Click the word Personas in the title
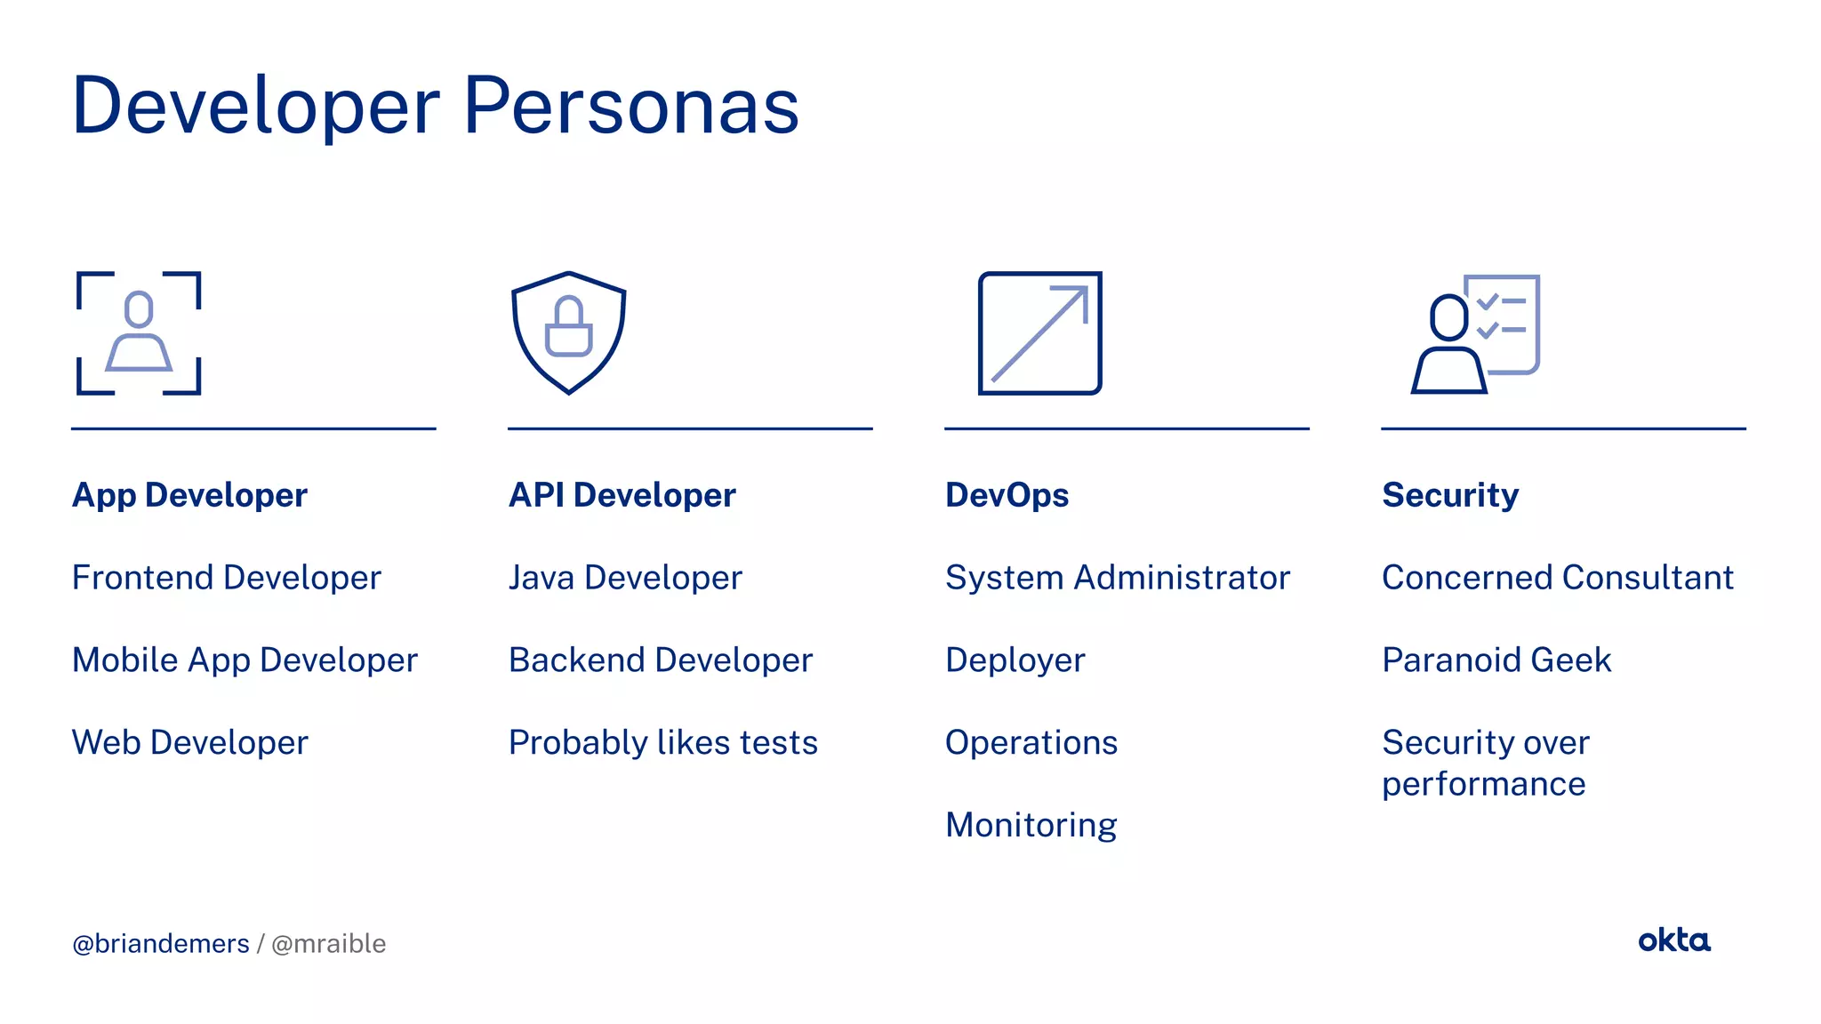click(630, 107)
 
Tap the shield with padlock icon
click(569, 332)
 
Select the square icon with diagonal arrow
click(1039, 332)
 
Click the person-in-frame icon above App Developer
click(139, 332)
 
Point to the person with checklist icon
click(1476, 333)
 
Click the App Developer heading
click(189, 495)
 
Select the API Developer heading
click(622, 495)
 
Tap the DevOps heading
click(1007, 495)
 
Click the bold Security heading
click(1450, 495)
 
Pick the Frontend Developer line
click(226, 578)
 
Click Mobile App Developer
click(245, 660)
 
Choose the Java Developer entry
click(625, 578)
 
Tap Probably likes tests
click(662, 743)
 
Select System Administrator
click(1117, 578)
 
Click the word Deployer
click(1015, 660)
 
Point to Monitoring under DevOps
click(1031, 826)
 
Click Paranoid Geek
click(1496, 660)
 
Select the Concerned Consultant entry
click(1557, 578)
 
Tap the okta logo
click(1673, 940)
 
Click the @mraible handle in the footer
click(328, 944)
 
